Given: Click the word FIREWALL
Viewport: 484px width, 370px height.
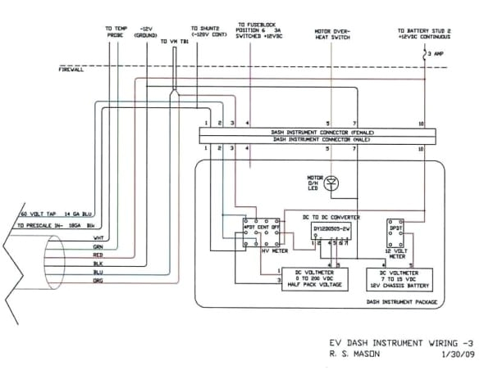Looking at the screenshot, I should [x=72, y=70].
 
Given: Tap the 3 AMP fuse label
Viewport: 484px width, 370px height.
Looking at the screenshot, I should [x=436, y=54].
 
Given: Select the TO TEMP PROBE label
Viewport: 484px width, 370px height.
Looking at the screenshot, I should [x=116, y=31].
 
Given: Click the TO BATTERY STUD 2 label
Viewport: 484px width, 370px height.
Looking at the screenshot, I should [x=424, y=34].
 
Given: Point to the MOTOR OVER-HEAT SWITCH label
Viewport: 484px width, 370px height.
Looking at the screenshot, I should [x=333, y=34].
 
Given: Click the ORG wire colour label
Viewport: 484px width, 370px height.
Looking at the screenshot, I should [x=98, y=281].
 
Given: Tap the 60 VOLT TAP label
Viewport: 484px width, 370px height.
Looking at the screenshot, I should [x=35, y=214].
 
